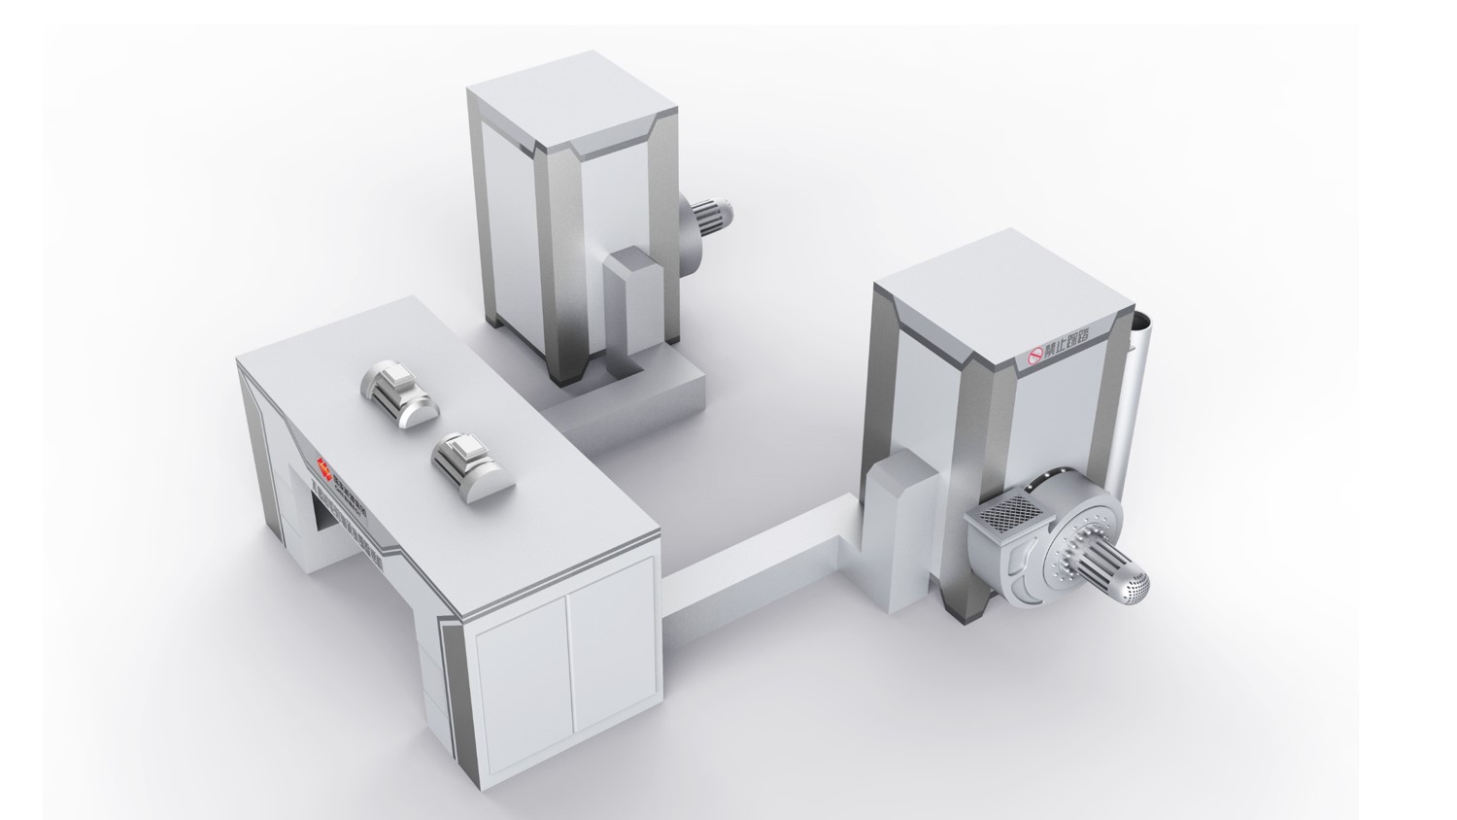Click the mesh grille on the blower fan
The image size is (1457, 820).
click(x=1007, y=513)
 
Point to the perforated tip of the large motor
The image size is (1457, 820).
click(x=1136, y=585)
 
